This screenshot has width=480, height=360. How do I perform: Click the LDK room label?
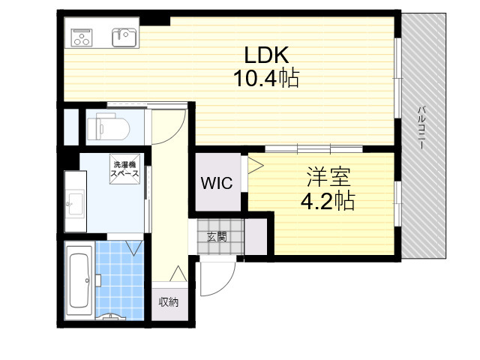pyautogui.click(x=266, y=55)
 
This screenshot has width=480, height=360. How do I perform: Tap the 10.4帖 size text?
pyautogui.click(x=266, y=78)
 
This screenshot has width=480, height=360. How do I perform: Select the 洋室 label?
pyautogui.click(x=328, y=177)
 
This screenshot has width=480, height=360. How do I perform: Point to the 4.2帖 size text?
pyautogui.click(x=328, y=200)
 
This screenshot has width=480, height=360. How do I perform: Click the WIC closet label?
pyautogui.click(x=217, y=183)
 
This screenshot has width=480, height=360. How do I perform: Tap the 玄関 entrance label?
pyautogui.click(x=217, y=237)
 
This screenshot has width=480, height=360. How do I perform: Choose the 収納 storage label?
pyautogui.click(x=168, y=302)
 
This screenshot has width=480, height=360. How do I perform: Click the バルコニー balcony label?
pyautogui.click(x=421, y=127)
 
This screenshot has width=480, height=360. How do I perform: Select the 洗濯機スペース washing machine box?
pyautogui.click(x=125, y=169)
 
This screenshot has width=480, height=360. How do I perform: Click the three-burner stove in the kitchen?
pyautogui.click(x=82, y=37)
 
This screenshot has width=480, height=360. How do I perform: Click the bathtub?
pyautogui.click(x=79, y=280)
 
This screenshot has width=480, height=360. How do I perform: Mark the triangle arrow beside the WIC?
pyautogui.click(x=256, y=166)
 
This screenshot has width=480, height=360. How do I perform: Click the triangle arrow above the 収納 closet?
pyautogui.click(x=178, y=274)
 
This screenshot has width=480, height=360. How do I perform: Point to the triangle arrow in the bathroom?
pyautogui.click(x=133, y=248)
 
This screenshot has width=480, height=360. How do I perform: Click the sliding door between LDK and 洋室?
pyautogui.click(x=313, y=148)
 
